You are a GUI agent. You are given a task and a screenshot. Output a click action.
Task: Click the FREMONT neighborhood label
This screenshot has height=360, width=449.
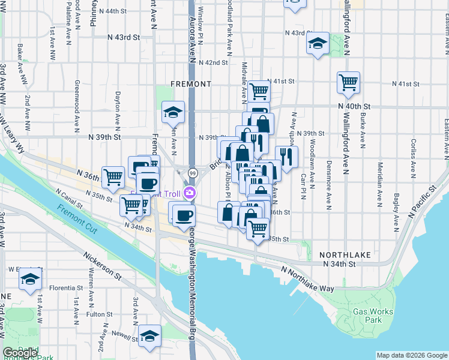coord(191,83)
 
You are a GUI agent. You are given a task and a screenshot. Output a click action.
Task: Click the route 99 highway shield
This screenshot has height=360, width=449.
coord(193,173)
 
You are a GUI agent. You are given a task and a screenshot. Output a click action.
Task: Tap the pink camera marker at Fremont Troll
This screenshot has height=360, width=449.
coord(190,193)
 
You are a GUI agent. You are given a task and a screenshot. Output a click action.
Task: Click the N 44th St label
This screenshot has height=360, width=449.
coord(117,11)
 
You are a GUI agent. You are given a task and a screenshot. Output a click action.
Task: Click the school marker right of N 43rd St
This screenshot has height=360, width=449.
coord(318,43)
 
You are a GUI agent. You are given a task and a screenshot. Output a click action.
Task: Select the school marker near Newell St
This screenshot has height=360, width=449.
coord(149,335)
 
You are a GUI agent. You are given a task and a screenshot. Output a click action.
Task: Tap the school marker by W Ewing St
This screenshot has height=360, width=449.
coord(30,279)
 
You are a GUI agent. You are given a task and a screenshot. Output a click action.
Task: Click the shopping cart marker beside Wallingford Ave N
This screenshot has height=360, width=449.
coord(348,82)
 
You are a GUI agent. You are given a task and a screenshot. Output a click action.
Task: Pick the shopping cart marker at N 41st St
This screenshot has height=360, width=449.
coord(259,91)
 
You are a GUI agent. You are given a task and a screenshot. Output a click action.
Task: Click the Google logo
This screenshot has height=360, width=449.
coord(20,353)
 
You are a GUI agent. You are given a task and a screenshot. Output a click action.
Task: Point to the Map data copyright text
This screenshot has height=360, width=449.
coord(411,355)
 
